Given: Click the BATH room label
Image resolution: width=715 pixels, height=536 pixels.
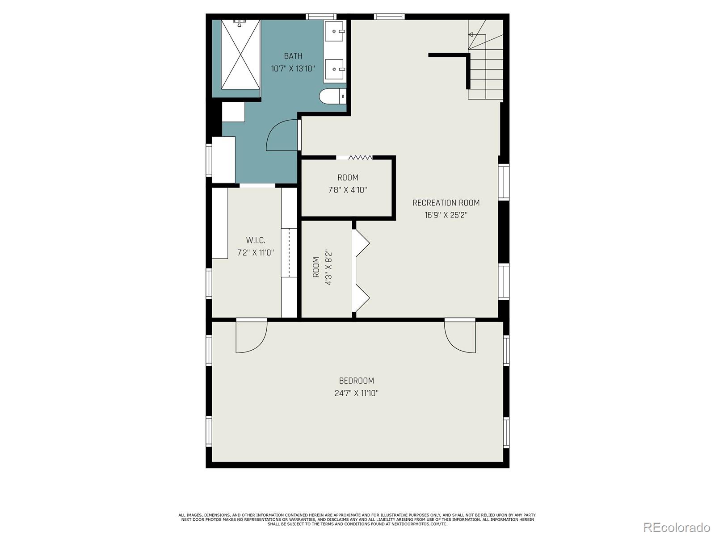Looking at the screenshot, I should coord(293,56).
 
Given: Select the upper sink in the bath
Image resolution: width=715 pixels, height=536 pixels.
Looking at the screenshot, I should coord(334,31).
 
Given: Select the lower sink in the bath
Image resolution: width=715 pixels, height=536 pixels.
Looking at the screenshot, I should coord(334,69).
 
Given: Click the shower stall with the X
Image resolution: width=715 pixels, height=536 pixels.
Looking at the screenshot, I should coord(240,54).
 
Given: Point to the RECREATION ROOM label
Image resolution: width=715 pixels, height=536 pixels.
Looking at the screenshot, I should coord(446,203).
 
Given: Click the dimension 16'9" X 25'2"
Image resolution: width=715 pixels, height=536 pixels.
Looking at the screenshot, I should coord(446,215).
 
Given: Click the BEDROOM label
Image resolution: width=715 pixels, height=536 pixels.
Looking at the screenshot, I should coord(356,381).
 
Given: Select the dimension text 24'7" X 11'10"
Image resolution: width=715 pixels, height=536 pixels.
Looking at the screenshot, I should coord(356,394).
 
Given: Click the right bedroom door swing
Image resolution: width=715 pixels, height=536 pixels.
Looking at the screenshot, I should coord(460,337).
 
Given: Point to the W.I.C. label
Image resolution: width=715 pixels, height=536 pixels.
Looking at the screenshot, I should coord(255,241).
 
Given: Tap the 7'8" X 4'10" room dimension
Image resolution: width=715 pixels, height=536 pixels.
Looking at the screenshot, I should coord(348,190).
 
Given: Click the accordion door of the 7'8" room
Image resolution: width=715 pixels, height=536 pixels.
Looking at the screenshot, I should coord(360,157).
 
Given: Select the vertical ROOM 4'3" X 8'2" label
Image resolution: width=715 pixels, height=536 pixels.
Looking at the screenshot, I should coord(322,267).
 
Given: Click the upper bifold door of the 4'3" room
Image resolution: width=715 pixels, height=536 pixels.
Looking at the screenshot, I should coord(362,243).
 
